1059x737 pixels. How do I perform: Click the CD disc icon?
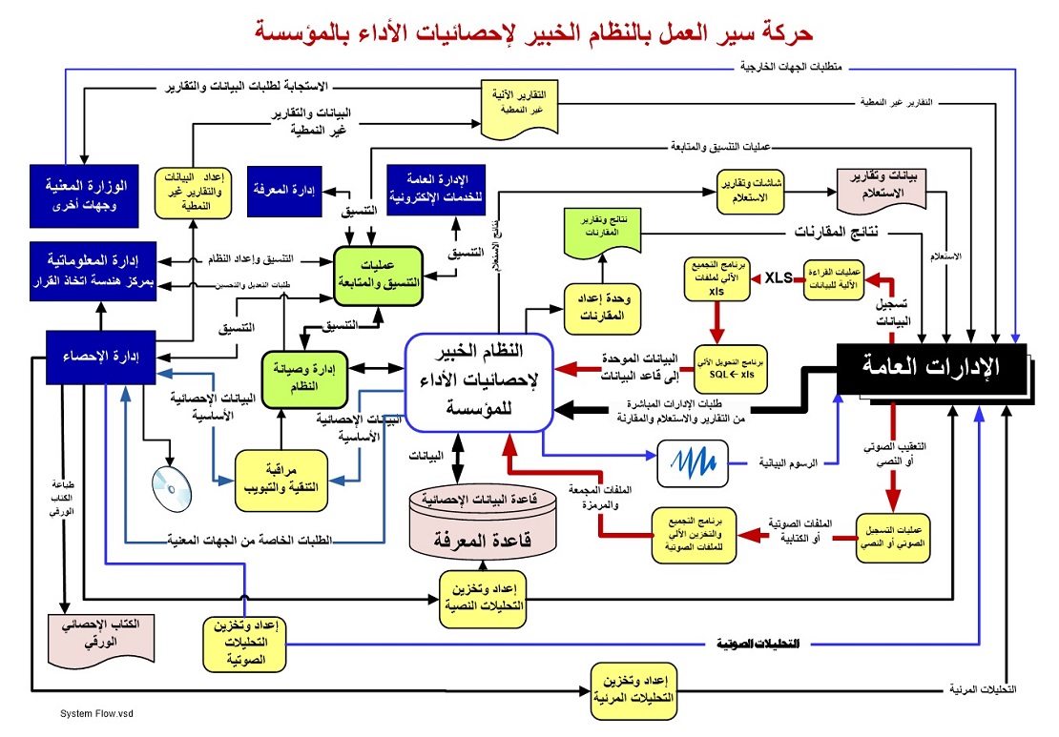(172, 486)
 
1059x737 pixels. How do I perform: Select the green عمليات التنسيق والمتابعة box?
(376, 271)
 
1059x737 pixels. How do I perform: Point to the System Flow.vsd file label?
(93, 713)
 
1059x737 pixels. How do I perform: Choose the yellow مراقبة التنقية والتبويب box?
(275, 477)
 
